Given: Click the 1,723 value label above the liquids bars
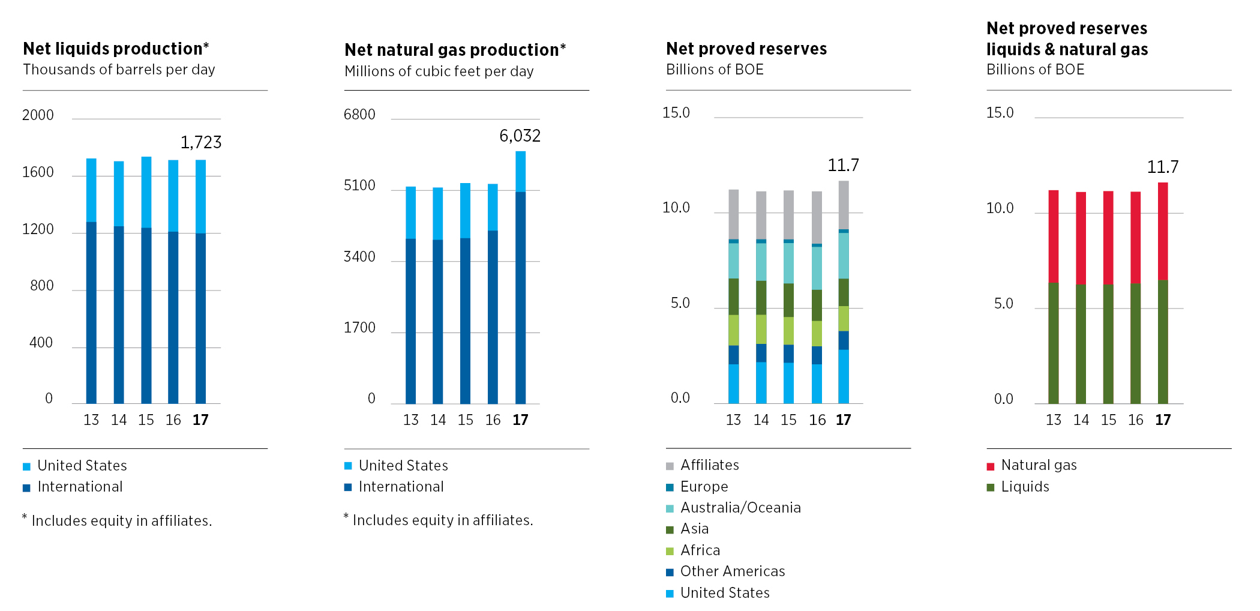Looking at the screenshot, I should pos(201,142).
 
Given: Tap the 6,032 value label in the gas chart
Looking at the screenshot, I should pos(520,136).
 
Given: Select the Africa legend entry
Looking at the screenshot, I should pos(700,550).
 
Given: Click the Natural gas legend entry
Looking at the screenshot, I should pos(1038,465).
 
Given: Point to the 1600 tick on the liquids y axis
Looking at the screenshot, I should pos(38,172).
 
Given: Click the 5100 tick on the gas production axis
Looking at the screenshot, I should pos(359,185).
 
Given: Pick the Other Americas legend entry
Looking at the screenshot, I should pos(732,571).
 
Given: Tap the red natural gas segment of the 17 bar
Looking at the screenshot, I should pos(1163,231).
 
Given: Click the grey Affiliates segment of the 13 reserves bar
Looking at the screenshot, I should pos(733,214).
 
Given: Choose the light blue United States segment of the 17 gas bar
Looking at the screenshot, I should pos(520,172).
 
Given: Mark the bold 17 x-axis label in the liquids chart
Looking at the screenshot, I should pos(200,420).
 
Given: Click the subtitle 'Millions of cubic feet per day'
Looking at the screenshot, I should pos(439,71).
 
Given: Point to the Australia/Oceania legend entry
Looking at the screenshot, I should pos(740,508).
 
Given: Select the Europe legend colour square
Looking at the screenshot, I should pos(670,487).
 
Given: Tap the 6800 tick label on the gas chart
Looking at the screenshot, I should pos(359,115).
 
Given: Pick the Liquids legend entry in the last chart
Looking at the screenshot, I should pos(1024,487).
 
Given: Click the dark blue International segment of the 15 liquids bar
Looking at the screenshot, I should pos(146,315).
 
